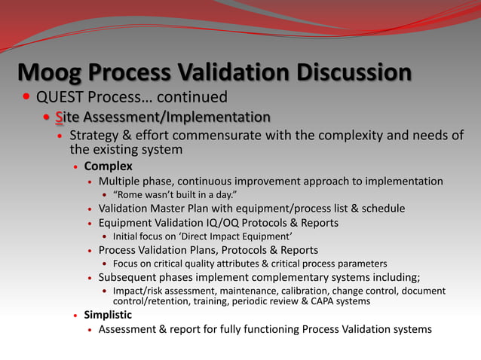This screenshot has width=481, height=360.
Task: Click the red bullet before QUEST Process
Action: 26,98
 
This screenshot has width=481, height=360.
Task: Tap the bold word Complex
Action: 108,166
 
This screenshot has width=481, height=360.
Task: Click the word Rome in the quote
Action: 132,195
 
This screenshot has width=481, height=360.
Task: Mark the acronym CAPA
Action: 317,301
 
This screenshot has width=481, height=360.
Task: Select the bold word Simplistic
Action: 108,315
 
